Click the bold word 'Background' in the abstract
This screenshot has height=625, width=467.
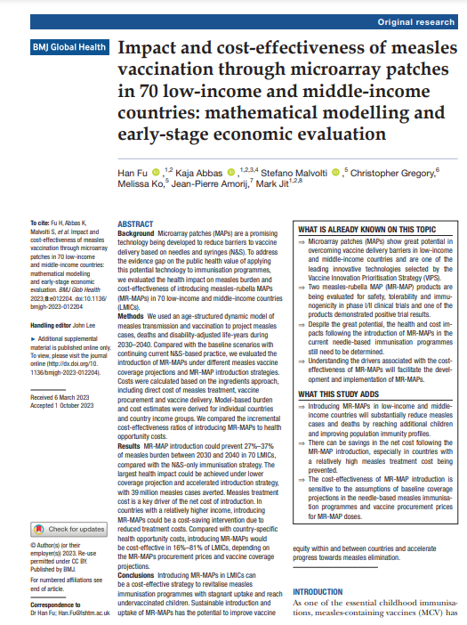137,233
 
